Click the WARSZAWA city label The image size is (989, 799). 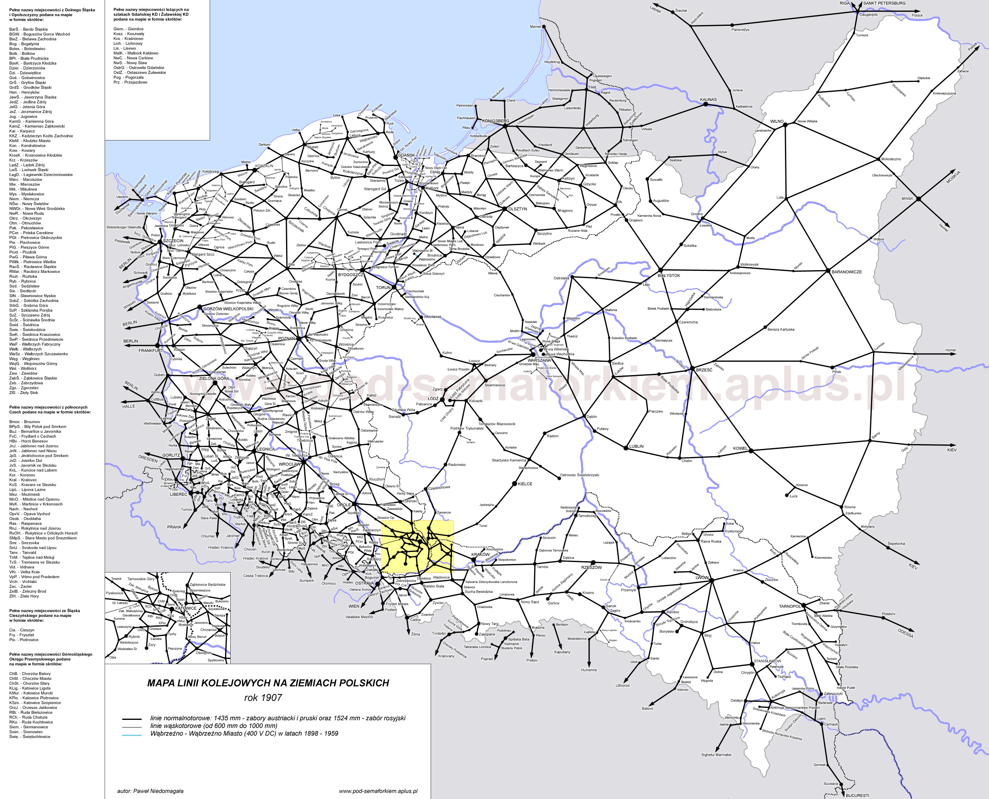tap(539, 361)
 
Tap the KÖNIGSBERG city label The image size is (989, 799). tap(495, 121)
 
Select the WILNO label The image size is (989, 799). tap(777, 122)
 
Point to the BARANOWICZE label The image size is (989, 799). tap(847, 272)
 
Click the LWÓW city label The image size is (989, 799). tap(702, 577)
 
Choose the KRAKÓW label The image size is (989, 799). tap(480, 555)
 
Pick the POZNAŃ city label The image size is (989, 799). tap(287, 338)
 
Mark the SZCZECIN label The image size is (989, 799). tap(173, 241)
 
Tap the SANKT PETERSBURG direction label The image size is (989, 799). tap(884, 3)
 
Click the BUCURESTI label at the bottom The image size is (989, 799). tap(857, 795)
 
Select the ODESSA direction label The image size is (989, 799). tap(905, 633)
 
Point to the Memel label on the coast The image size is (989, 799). tap(535, 27)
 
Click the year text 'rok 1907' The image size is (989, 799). tap(263, 698)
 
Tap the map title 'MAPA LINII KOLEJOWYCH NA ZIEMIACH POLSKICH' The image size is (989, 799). tap(268, 683)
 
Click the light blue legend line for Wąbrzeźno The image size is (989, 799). tap(132, 735)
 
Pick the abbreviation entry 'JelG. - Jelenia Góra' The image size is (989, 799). tap(27, 107)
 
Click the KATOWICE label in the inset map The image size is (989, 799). tap(185, 608)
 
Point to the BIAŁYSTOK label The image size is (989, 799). tap(669, 276)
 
